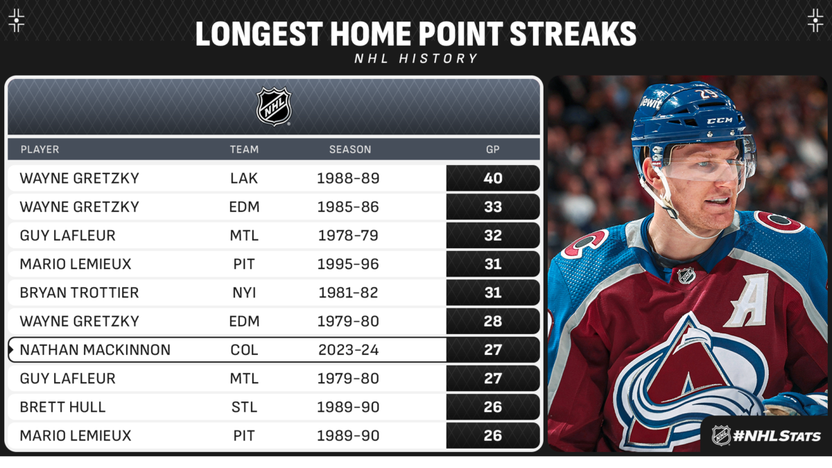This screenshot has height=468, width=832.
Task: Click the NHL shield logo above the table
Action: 274,107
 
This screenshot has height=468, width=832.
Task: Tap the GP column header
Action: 492,149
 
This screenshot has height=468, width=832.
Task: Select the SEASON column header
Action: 350,149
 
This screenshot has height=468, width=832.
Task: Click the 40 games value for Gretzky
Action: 493,178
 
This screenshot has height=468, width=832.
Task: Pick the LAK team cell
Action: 244,178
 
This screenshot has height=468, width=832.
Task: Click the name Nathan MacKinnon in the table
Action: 95,350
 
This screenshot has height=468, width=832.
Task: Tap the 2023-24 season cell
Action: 348,350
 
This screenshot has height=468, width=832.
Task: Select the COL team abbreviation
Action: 244,350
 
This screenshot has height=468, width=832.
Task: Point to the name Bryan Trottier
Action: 79,293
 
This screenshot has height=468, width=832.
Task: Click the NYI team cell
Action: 244,293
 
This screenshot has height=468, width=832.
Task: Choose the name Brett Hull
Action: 63,407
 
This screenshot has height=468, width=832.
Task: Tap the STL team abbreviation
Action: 244,407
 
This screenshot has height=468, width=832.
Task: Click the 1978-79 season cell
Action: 348,236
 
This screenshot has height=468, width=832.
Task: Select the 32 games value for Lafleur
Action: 493,236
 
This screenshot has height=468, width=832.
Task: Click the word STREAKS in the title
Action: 573,34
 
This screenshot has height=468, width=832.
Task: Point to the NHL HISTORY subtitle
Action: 416,58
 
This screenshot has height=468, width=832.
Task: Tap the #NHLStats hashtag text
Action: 777,435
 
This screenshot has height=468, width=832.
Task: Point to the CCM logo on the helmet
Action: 720,121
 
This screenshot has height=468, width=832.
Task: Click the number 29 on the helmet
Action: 708,94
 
